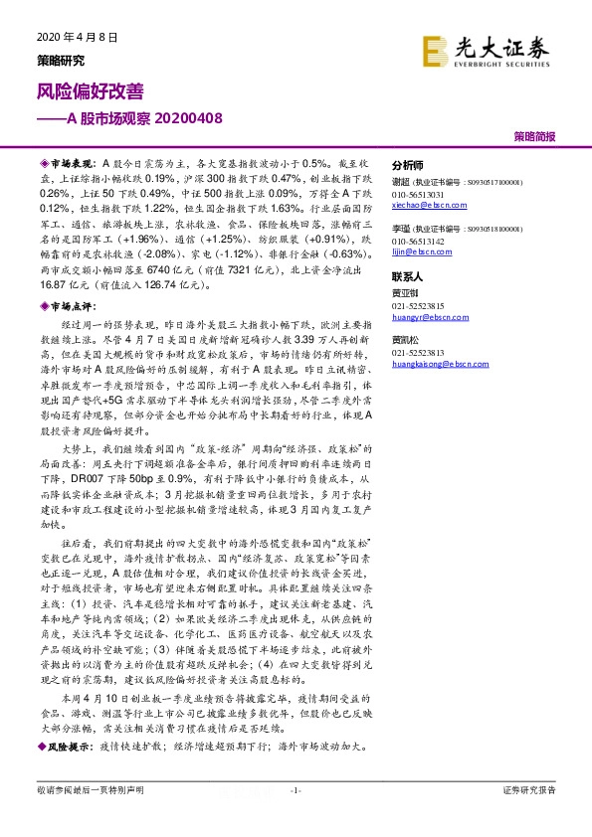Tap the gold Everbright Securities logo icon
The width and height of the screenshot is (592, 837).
(434, 50)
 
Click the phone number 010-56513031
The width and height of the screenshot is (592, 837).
(419, 194)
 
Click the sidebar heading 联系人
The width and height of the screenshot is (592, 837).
(408, 275)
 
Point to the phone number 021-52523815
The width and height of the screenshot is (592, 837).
(419, 307)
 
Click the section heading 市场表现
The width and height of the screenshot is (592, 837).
(71, 160)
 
